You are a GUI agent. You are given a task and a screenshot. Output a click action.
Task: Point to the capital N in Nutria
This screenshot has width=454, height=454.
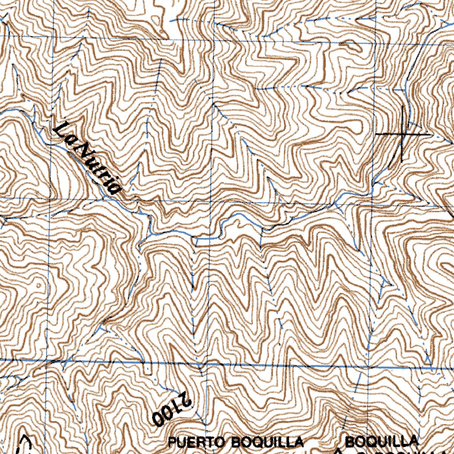pyautogui.click(x=80, y=151)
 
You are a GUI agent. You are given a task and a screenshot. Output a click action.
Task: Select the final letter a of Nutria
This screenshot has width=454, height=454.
pyautogui.click(x=115, y=189)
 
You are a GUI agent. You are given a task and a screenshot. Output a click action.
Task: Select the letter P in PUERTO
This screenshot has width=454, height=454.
pyautogui.click(x=172, y=442)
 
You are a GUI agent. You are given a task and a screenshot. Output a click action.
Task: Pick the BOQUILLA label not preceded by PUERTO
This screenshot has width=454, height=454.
pyautogui.click(x=381, y=441)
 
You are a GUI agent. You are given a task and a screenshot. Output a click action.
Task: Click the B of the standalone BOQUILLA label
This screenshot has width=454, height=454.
pyautogui.click(x=349, y=441)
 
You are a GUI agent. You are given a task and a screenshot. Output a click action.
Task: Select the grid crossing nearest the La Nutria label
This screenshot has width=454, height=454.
pyautogui.click(x=51, y=199)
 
